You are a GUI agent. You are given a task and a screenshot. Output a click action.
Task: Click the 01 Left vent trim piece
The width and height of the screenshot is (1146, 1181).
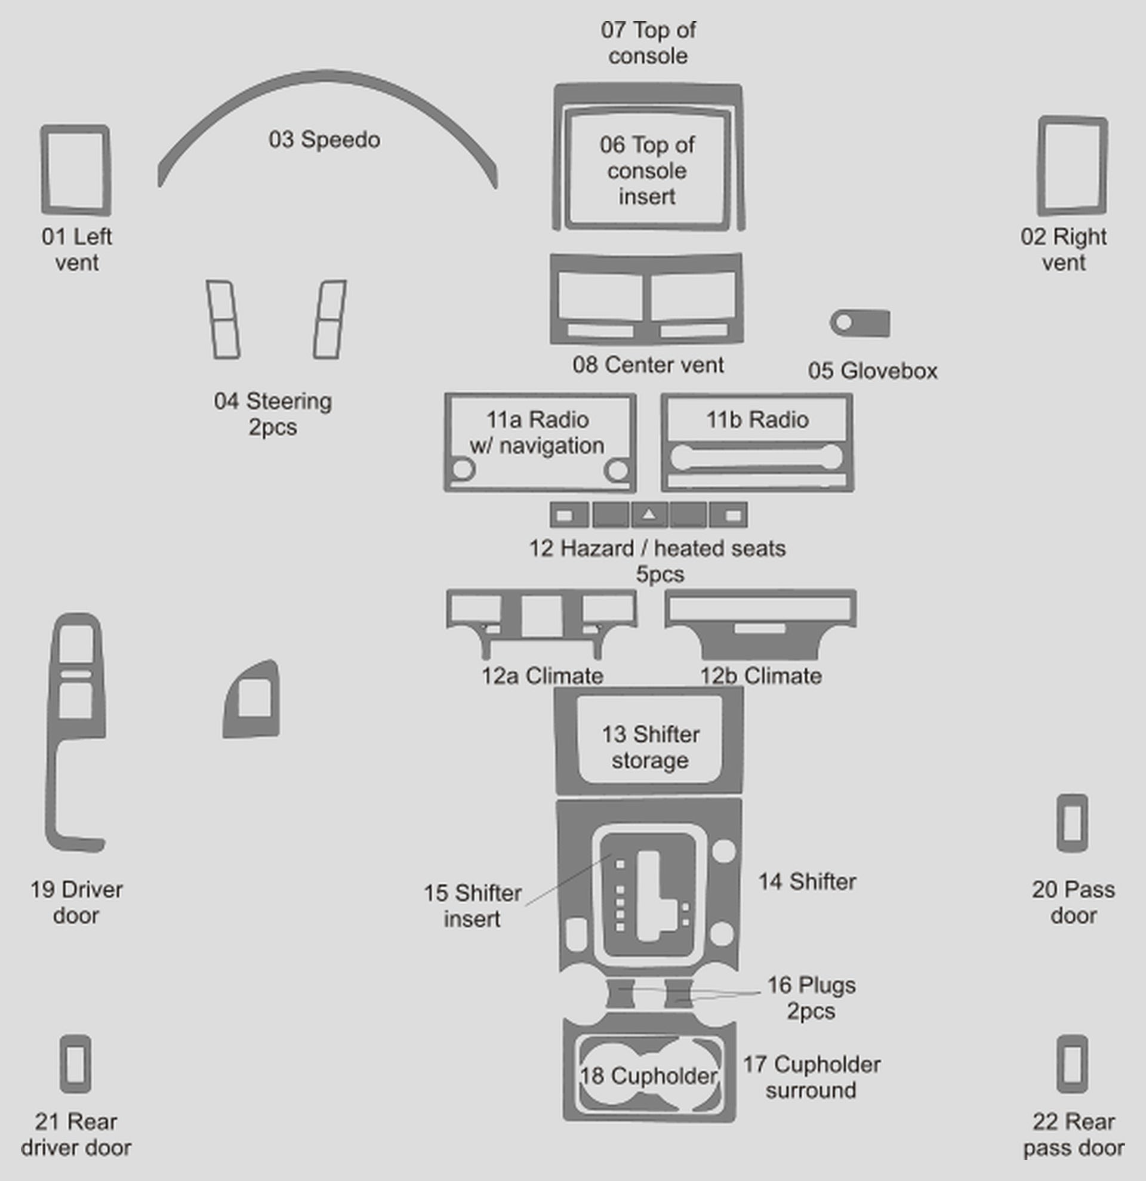click(x=44, y=170)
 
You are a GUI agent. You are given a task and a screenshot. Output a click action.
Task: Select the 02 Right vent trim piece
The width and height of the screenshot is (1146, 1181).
click(x=1040, y=166)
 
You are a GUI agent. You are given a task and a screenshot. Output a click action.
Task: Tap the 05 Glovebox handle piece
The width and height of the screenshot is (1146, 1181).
click(x=860, y=323)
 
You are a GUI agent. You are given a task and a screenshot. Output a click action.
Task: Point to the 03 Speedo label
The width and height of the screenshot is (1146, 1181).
click(x=324, y=140)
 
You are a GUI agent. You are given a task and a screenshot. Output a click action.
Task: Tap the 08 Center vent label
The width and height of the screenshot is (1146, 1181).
click(x=648, y=365)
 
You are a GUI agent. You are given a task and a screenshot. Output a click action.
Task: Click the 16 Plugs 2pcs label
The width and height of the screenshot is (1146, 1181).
click(x=811, y=998)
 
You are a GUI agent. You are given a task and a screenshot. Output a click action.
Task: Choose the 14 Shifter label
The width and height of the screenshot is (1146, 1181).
click(x=807, y=882)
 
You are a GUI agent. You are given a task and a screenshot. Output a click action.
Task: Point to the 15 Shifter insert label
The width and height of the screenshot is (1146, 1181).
click(x=472, y=906)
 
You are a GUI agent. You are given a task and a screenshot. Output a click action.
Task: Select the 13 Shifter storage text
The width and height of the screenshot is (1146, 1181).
click(x=651, y=747)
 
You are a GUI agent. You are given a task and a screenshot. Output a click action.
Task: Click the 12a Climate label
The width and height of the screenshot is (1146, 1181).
click(x=542, y=676)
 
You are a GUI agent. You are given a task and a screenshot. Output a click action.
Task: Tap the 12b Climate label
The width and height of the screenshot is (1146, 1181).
click(x=760, y=676)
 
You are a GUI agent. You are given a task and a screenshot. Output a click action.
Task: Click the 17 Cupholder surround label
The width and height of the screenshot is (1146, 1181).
click(x=811, y=1077)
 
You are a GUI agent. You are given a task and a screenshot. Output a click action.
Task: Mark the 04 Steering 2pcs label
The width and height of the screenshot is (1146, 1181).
click(x=273, y=414)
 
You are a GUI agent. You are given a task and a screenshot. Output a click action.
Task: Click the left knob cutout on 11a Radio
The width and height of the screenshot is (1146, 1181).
click(x=463, y=470)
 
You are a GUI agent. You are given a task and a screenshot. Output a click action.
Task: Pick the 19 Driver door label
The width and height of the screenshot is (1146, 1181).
click(x=76, y=903)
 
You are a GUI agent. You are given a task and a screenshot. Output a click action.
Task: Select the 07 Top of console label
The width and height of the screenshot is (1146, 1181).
click(x=648, y=43)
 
